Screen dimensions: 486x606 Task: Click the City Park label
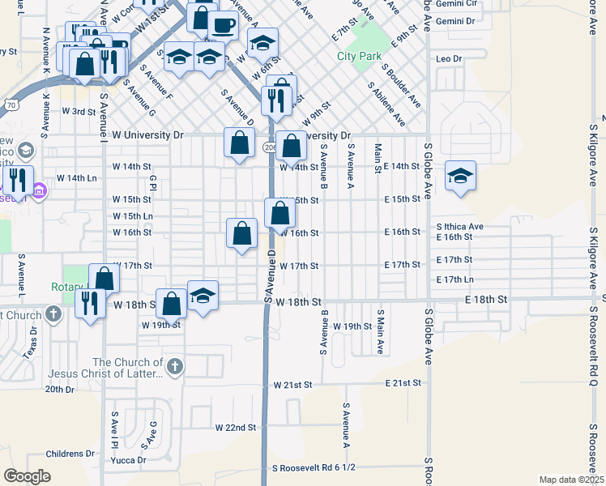pos(358,57)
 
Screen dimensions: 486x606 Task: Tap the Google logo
pos(27,476)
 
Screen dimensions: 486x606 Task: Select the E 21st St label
pos(403,383)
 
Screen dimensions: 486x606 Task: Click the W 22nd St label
pos(235,427)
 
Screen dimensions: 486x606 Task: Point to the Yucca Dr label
pos(130,460)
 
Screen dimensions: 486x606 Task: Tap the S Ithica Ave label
pos(459,227)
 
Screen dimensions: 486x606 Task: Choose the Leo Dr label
pos(448,59)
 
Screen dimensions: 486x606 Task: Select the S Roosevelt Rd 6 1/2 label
pos(314,468)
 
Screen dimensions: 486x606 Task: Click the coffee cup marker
pos(223,24)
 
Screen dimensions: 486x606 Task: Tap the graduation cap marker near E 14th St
pos(460,177)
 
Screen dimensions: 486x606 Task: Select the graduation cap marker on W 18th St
pos(203,295)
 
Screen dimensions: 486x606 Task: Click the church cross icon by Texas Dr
pos(53,313)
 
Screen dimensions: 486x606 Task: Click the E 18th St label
pos(485,300)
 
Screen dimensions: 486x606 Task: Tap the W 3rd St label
pos(79,111)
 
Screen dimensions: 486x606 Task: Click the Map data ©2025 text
pos(571,480)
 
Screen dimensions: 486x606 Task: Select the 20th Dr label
pos(59,390)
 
